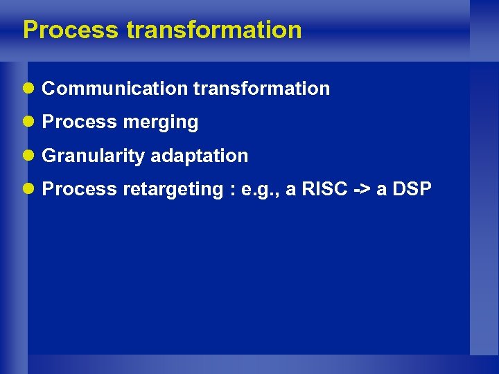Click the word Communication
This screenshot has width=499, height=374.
click(114, 89)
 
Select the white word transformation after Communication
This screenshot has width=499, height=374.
click(261, 89)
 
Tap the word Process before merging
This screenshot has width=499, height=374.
click(79, 123)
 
